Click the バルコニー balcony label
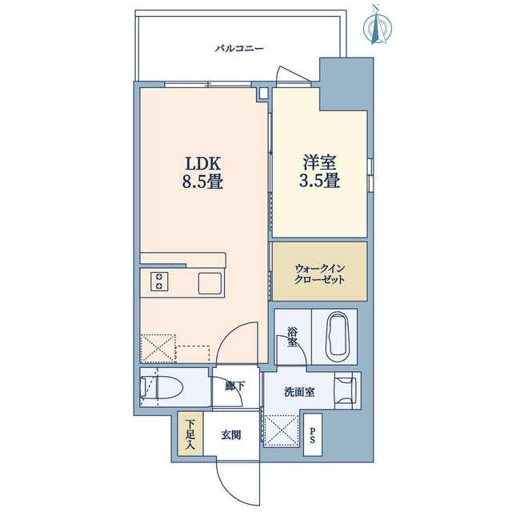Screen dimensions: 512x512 [239, 49]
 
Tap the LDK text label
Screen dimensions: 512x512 [203, 163]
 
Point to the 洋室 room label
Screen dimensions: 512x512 [320, 162]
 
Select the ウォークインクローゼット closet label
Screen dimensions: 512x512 [320, 274]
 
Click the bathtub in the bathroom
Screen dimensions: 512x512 [338, 337]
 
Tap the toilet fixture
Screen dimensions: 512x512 [162, 387]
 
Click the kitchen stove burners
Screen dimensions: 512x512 [159, 282]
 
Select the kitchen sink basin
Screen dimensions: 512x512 [210, 282]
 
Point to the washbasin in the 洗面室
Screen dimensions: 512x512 [346, 390]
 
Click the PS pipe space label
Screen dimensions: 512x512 [313, 435]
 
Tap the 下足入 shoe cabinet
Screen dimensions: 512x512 [190, 434]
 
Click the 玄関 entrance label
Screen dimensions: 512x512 [231, 435]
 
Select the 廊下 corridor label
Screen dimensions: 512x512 [234, 386]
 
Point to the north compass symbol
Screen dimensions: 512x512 [378, 26]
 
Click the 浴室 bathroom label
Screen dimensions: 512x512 [292, 337]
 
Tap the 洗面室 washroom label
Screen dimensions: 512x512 [299, 392]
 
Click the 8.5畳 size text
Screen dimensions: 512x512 [202, 182]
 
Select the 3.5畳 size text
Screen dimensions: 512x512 [320, 181]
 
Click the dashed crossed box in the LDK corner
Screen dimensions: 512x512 [158, 349]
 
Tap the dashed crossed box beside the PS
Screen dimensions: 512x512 [282, 431]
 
